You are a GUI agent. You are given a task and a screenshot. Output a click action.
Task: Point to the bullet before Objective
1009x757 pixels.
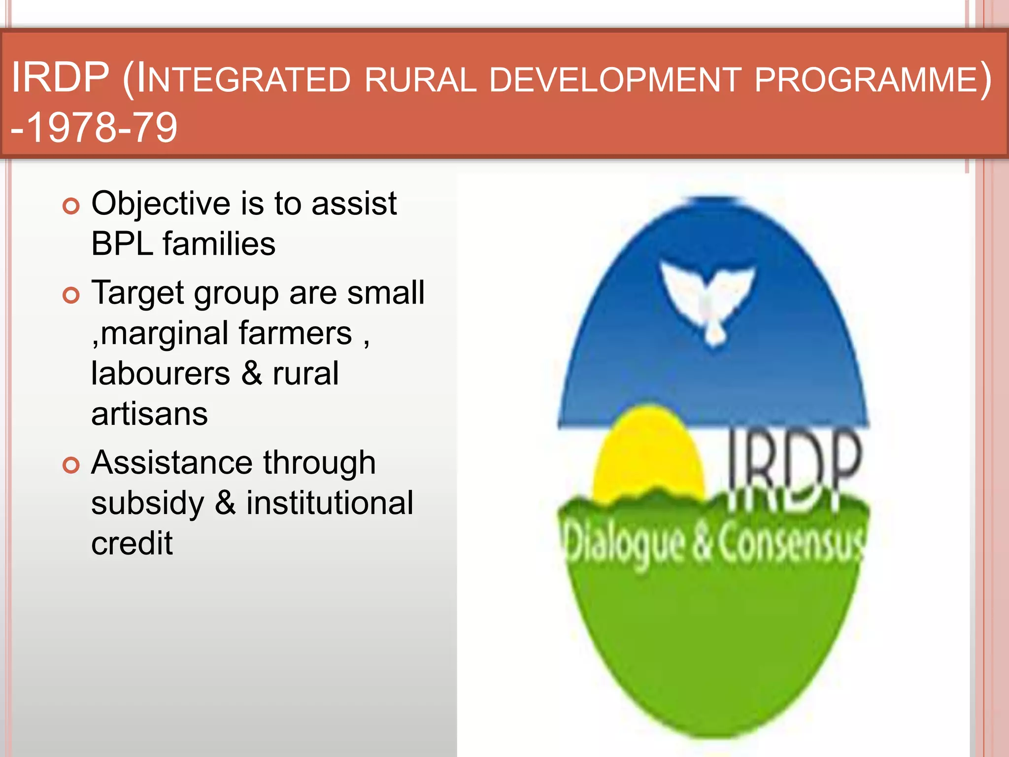coord(71,206)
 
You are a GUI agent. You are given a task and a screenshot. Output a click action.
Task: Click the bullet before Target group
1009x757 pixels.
coord(71,295)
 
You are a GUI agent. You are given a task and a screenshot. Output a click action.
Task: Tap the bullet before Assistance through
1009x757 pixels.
coord(71,465)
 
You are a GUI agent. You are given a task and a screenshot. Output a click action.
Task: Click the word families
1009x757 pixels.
coord(219,244)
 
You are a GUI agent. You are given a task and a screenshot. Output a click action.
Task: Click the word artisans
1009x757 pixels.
coord(149,414)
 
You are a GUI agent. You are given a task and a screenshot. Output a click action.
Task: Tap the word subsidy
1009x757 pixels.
coord(147,504)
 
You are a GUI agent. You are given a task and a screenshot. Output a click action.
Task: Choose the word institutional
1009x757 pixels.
coord(330,504)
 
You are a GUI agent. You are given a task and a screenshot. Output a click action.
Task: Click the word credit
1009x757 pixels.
coord(132,544)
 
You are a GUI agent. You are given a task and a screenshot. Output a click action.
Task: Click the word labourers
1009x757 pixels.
coord(160,374)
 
